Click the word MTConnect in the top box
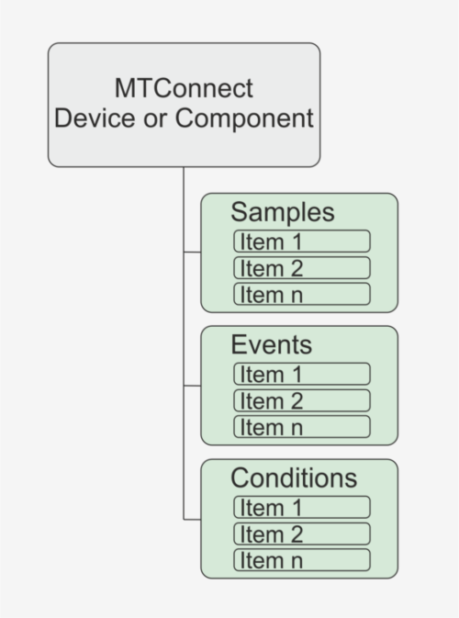coord(184,88)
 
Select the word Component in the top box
coord(244,118)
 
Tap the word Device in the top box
coord(95,118)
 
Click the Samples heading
coord(283,213)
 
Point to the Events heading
coord(272,345)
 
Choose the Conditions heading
coord(294,478)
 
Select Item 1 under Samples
coord(302,242)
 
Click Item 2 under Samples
coord(302,268)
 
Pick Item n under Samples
coord(302,294)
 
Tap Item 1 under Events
coord(302,374)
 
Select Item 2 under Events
coord(302,401)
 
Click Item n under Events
coord(302,427)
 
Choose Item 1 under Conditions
coord(302,507)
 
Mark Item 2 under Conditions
coord(302,534)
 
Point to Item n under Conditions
coord(302,560)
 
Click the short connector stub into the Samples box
coord(192,252)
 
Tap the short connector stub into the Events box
coord(192,386)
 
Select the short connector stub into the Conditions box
coord(192,520)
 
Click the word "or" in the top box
coord(155,120)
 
